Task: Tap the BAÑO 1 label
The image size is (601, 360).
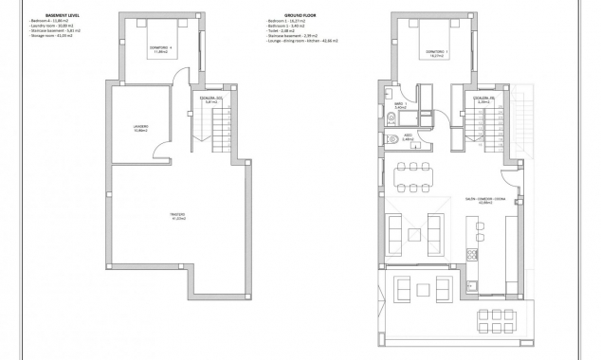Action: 401,106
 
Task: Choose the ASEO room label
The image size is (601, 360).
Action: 408,137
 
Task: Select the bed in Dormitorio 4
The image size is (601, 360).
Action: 162,45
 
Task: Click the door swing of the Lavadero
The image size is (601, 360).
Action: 165,150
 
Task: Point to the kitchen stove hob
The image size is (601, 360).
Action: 471,252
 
